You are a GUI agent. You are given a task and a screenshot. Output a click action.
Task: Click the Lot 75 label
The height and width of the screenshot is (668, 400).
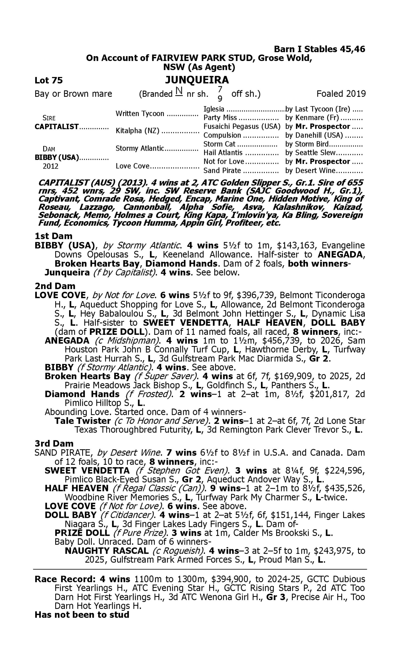pyautogui.click(x=49, y=80)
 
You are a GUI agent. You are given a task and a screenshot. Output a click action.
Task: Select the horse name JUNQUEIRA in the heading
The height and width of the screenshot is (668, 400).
pyautogui.click(x=197, y=80)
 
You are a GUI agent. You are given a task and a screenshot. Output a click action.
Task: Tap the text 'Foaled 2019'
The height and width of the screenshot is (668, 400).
pyautogui.click(x=341, y=94)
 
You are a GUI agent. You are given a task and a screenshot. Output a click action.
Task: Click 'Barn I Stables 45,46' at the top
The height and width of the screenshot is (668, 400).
pyautogui.click(x=319, y=49)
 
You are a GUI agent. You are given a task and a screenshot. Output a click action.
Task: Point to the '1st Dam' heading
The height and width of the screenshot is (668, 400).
pyautogui.click(x=53, y=236)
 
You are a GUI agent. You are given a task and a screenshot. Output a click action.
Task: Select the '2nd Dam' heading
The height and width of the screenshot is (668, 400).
pyautogui.click(x=55, y=286)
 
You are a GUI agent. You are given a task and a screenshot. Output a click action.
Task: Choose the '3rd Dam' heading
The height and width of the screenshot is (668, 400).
pyautogui.click(x=54, y=443)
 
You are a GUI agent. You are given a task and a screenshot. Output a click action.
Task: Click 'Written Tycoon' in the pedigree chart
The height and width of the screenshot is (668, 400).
pyautogui.click(x=140, y=114)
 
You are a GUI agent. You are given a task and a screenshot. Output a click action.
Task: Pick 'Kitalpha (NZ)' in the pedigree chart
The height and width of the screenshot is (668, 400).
pyautogui.click(x=137, y=131)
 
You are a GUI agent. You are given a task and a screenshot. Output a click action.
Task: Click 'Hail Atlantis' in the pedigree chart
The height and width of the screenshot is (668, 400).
pyautogui.click(x=223, y=153)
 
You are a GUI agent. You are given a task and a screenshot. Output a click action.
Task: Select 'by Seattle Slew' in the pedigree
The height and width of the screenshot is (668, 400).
pyautogui.click(x=310, y=153)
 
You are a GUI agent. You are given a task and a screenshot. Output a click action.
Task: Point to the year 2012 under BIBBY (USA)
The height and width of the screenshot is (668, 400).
pyautogui.click(x=50, y=166)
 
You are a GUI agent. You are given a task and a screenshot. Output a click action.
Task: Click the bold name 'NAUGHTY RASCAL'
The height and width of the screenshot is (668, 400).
pyautogui.click(x=106, y=551)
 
